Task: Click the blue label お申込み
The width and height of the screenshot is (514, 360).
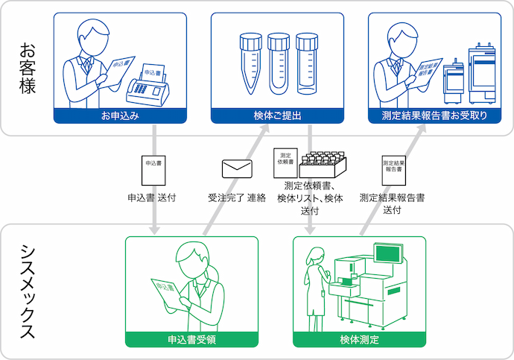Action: click(x=121, y=116)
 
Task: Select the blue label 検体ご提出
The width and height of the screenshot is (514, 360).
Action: click(x=277, y=116)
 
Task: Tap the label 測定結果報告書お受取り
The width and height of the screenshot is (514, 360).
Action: click(x=434, y=116)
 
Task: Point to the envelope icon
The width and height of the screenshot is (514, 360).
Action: click(x=238, y=169)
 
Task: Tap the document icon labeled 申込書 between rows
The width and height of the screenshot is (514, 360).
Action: click(x=153, y=169)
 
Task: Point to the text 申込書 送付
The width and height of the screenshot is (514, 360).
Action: click(x=153, y=199)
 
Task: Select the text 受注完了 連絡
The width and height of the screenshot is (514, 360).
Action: click(x=237, y=199)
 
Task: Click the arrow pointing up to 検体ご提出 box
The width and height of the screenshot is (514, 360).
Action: click(x=264, y=134)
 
